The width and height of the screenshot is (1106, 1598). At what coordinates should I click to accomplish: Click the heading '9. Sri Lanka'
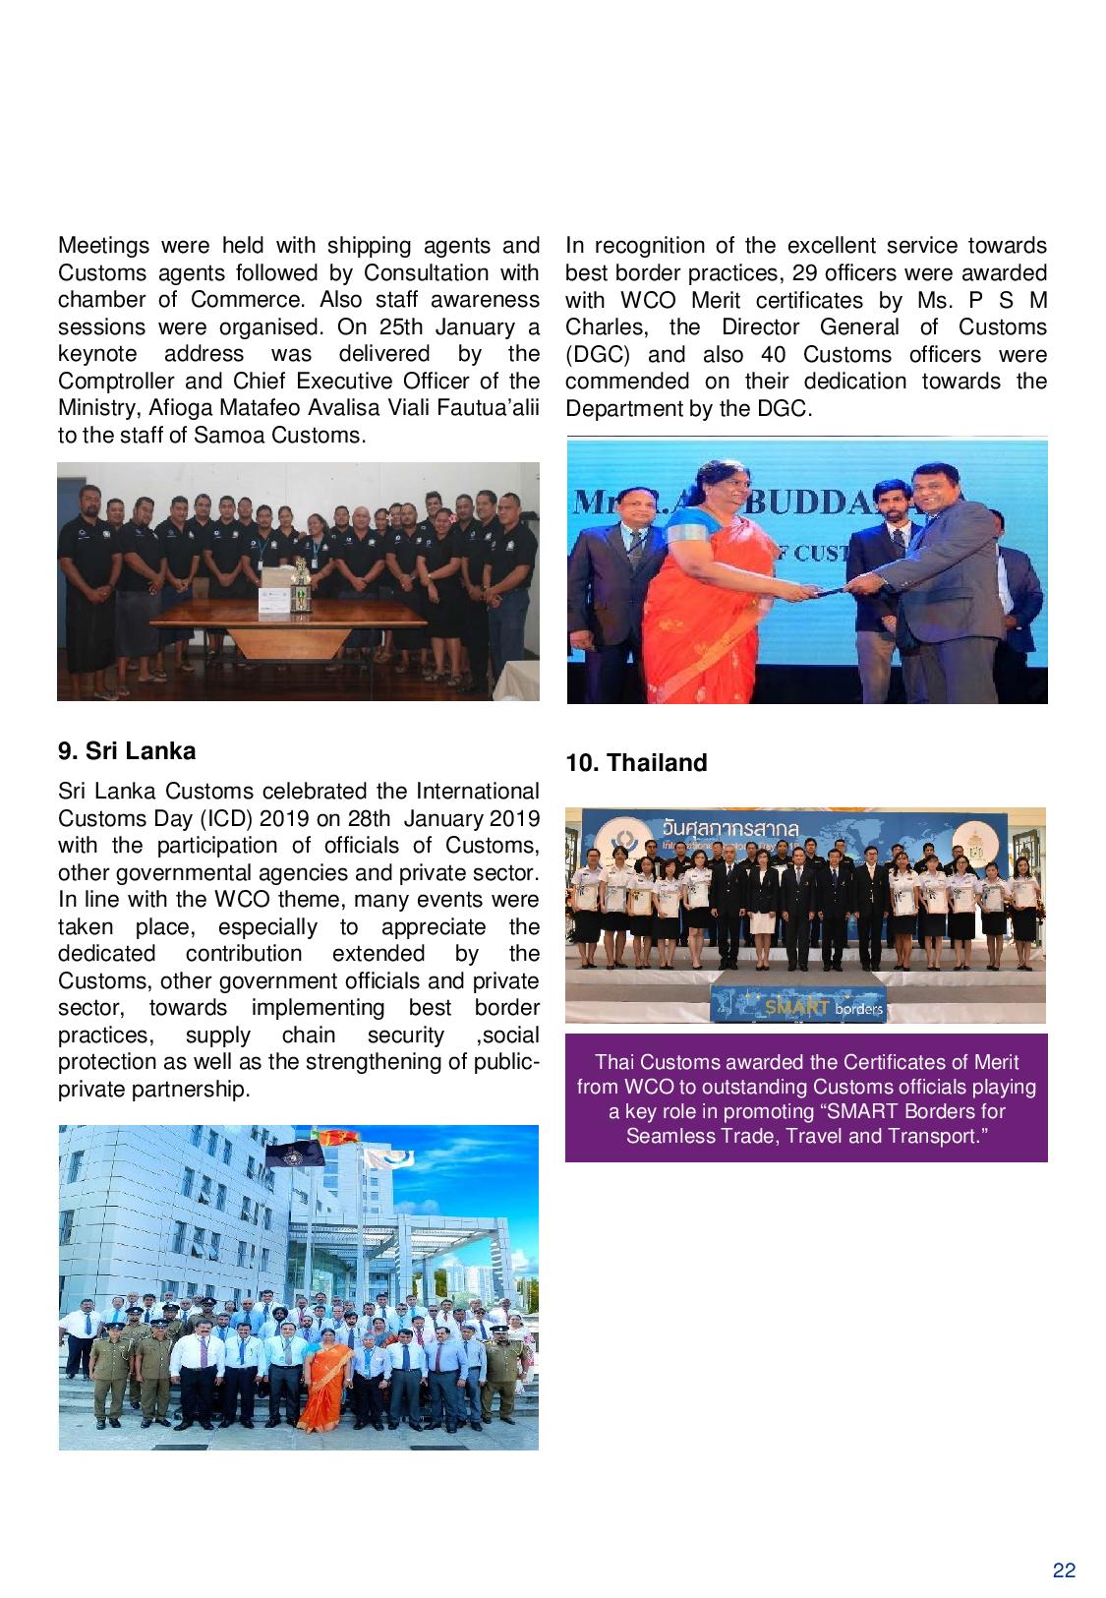click(x=127, y=751)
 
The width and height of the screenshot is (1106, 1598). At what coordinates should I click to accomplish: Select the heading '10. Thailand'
click(x=636, y=763)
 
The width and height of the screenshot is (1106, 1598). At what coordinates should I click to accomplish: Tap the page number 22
click(x=1064, y=1570)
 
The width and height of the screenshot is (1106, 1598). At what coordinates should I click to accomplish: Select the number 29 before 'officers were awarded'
click(x=806, y=273)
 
